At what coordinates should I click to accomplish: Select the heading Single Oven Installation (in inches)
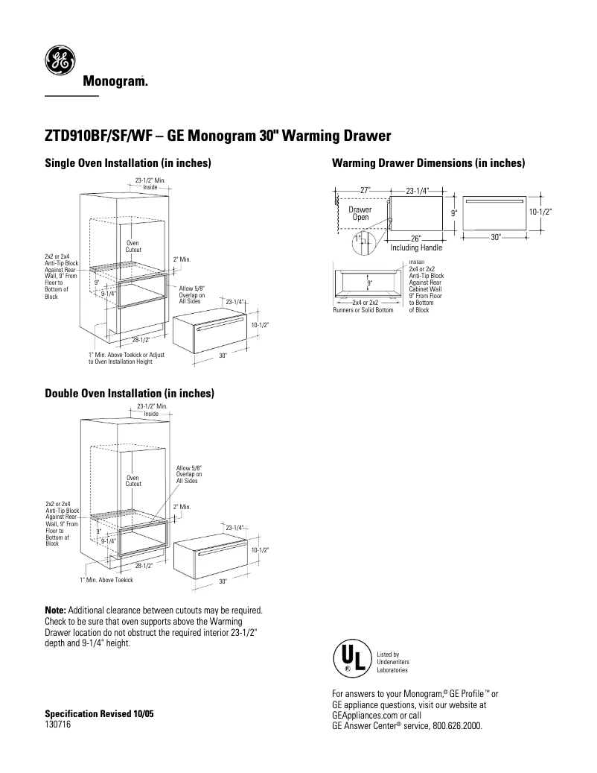tap(129, 163)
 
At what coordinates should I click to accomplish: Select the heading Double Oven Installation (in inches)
tap(130, 393)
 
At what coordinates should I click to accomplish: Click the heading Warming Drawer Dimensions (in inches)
tap(429, 163)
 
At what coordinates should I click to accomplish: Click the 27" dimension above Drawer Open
tap(365, 190)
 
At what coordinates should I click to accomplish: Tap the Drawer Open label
tap(360, 214)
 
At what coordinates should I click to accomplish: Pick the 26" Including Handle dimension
tap(416, 244)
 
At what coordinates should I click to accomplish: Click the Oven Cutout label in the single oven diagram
tap(133, 246)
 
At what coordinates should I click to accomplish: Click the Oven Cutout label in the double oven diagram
tap(133, 481)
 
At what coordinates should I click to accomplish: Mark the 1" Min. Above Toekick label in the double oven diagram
tap(106, 580)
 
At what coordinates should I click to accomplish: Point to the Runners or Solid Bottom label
tap(363, 310)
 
